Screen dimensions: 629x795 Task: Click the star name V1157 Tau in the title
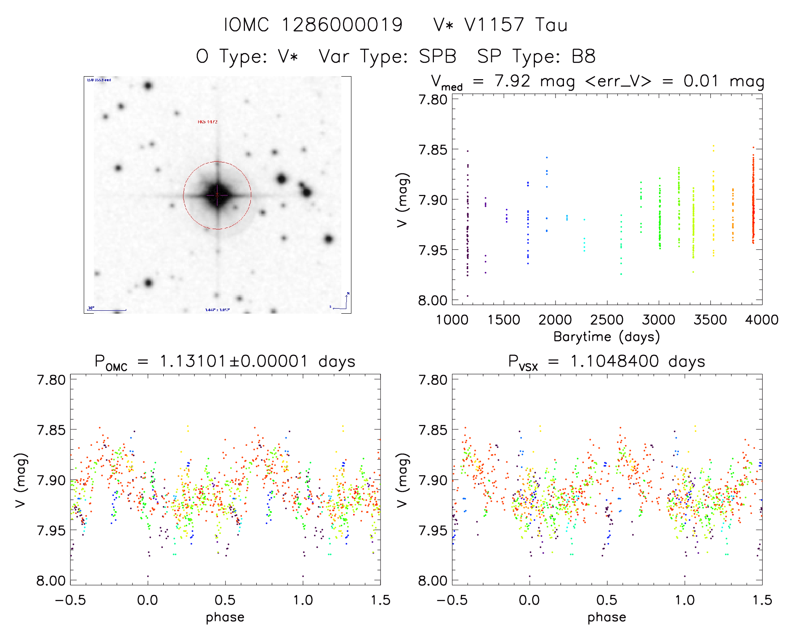click(x=516, y=25)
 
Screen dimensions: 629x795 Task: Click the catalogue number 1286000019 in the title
click(x=342, y=25)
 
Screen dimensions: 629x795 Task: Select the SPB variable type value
click(x=438, y=56)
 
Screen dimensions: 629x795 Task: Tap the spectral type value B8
click(x=583, y=56)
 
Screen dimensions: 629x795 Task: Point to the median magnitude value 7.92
click(x=512, y=81)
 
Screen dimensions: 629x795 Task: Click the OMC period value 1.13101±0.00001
click(x=234, y=361)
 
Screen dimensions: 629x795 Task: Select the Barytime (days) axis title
click(x=606, y=337)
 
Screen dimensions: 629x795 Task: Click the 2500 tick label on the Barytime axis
click(x=607, y=320)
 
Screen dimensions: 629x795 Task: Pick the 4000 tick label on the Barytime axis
click(x=762, y=320)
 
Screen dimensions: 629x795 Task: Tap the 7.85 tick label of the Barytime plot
click(x=432, y=149)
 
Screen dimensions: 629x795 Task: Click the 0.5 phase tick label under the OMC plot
click(x=225, y=600)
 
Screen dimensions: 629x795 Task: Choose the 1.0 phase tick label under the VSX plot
click(x=685, y=600)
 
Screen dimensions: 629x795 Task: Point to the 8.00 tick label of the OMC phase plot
click(x=51, y=581)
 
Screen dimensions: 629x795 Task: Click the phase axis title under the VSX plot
click(x=606, y=617)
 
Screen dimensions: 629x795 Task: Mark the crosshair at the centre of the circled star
click(x=217, y=195)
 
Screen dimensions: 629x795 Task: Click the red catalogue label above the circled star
click(x=207, y=122)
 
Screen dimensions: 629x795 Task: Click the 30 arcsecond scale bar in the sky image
click(x=106, y=310)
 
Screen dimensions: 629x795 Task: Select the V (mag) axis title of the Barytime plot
click(x=402, y=200)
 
